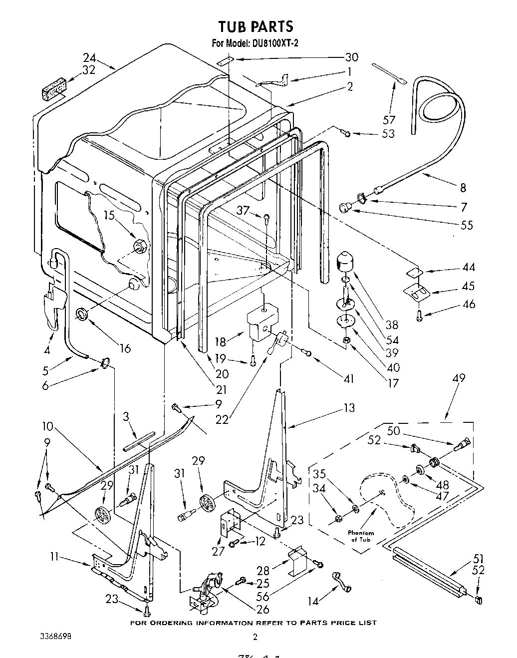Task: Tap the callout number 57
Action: tap(389, 120)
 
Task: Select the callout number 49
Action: tap(458, 378)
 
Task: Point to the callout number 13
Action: tap(349, 408)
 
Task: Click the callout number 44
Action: tap(468, 267)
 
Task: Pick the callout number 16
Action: tap(125, 348)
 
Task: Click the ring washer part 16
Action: tap(81, 314)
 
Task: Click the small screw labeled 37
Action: tap(267, 217)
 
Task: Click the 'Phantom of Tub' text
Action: tap(361, 536)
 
